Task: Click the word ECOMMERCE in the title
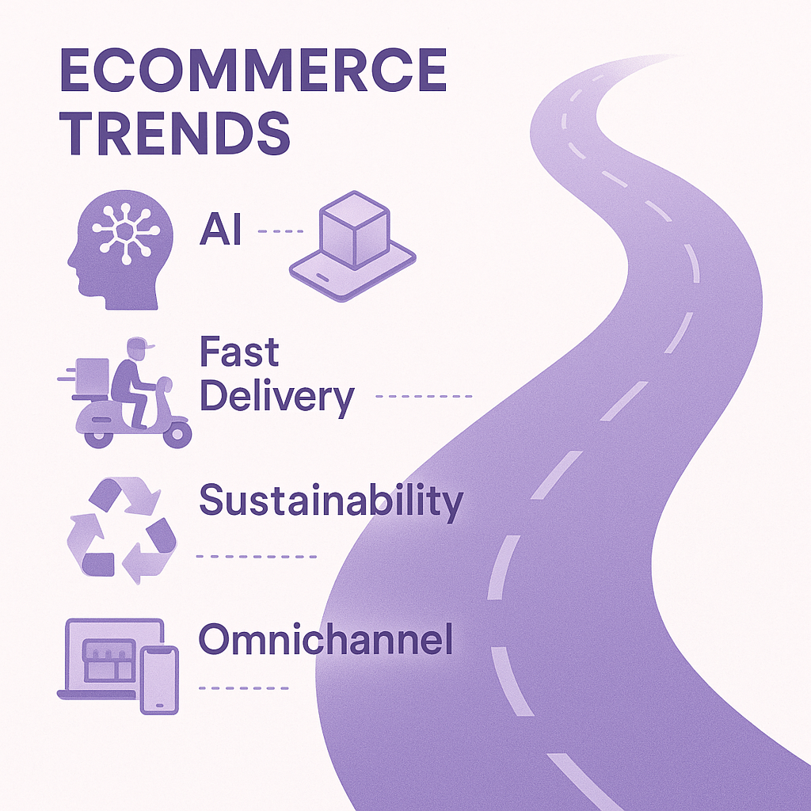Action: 253,70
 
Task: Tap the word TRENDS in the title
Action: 175,133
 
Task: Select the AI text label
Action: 221,229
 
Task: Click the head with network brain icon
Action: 120,249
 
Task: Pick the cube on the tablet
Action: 354,230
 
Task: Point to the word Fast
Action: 239,352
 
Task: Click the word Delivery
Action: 277,398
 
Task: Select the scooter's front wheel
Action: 177,435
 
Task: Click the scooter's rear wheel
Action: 98,437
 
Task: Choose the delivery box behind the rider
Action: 92,377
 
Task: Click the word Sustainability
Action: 331,501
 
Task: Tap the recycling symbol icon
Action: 121,531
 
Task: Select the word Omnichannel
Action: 326,639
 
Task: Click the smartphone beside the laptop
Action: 159,680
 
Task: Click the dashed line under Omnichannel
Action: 244,688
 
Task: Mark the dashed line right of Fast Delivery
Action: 424,396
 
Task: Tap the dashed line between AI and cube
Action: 280,231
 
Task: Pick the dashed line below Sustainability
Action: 257,557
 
